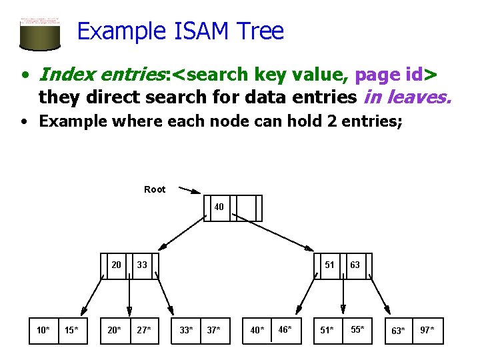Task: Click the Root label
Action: point(155,189)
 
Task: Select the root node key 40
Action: point(219,207)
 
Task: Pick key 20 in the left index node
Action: point(116,265)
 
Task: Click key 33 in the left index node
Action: point(142,265)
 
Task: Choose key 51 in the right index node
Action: point(329,265)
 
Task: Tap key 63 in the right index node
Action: point(355,265)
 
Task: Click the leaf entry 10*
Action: point(43,330)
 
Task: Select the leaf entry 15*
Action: point(71,330)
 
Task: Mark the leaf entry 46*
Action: point(285,329)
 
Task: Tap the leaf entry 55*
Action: point(357,329)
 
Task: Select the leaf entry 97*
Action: point(427,330)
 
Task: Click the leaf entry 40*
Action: point(257,330)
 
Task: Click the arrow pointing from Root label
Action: point(189,191)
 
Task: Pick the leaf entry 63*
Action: point(399,331)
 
